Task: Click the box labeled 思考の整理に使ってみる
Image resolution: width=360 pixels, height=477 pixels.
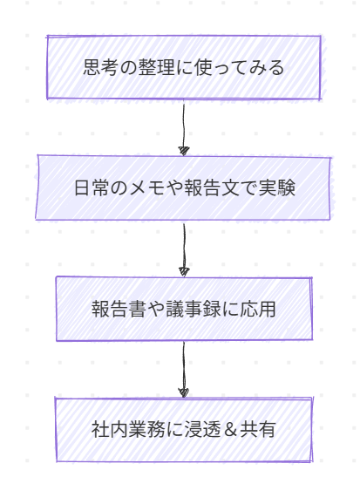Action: coord(184,67)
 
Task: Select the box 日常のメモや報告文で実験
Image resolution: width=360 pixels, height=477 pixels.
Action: coord(183,187)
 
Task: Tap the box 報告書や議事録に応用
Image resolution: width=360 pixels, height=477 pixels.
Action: coord(184,309)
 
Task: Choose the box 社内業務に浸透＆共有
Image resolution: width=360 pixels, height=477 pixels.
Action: coord(184,429)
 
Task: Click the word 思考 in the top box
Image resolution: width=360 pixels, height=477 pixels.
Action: coord(101,67)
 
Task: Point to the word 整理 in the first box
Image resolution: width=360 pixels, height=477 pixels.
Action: coord(156,67)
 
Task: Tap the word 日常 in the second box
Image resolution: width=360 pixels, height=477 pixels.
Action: coord(92,187)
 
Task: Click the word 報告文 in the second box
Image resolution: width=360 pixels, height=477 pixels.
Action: coord(211,187)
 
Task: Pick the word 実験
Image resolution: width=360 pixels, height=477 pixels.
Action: coord(276,187)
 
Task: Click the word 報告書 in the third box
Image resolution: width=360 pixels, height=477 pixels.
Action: coord(119,309)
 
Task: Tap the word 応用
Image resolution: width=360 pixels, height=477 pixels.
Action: coord(258,309)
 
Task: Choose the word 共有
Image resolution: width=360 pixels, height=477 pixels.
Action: coord(258,429)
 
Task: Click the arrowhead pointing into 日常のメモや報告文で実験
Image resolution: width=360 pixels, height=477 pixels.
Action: coord(184,151)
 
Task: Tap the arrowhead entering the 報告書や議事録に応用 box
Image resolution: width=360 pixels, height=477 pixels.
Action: coord(184,272)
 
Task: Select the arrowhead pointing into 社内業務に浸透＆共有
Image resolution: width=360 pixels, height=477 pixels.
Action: coord(184,392)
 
